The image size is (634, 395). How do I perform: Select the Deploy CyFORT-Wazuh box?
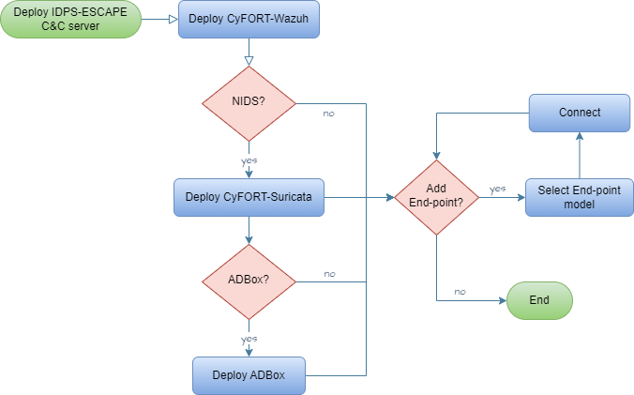249,20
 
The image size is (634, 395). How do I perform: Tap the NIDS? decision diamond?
249,103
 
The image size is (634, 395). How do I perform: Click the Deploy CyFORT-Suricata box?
249,197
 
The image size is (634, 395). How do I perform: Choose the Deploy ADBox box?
249,375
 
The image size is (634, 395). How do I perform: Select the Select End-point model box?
580,197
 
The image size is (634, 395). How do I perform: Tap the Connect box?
580,113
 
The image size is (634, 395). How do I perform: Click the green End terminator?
539,301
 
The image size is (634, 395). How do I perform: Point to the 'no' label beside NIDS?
328,113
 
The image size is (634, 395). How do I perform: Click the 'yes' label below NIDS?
249,160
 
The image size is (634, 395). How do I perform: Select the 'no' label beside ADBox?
330,274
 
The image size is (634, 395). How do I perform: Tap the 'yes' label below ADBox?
249,339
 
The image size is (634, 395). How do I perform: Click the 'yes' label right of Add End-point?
498,189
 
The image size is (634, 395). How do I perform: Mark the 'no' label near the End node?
460,292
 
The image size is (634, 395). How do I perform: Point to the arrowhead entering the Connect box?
580,137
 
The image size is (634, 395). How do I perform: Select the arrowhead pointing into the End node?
501,301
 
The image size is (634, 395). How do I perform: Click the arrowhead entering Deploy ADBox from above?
249,352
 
